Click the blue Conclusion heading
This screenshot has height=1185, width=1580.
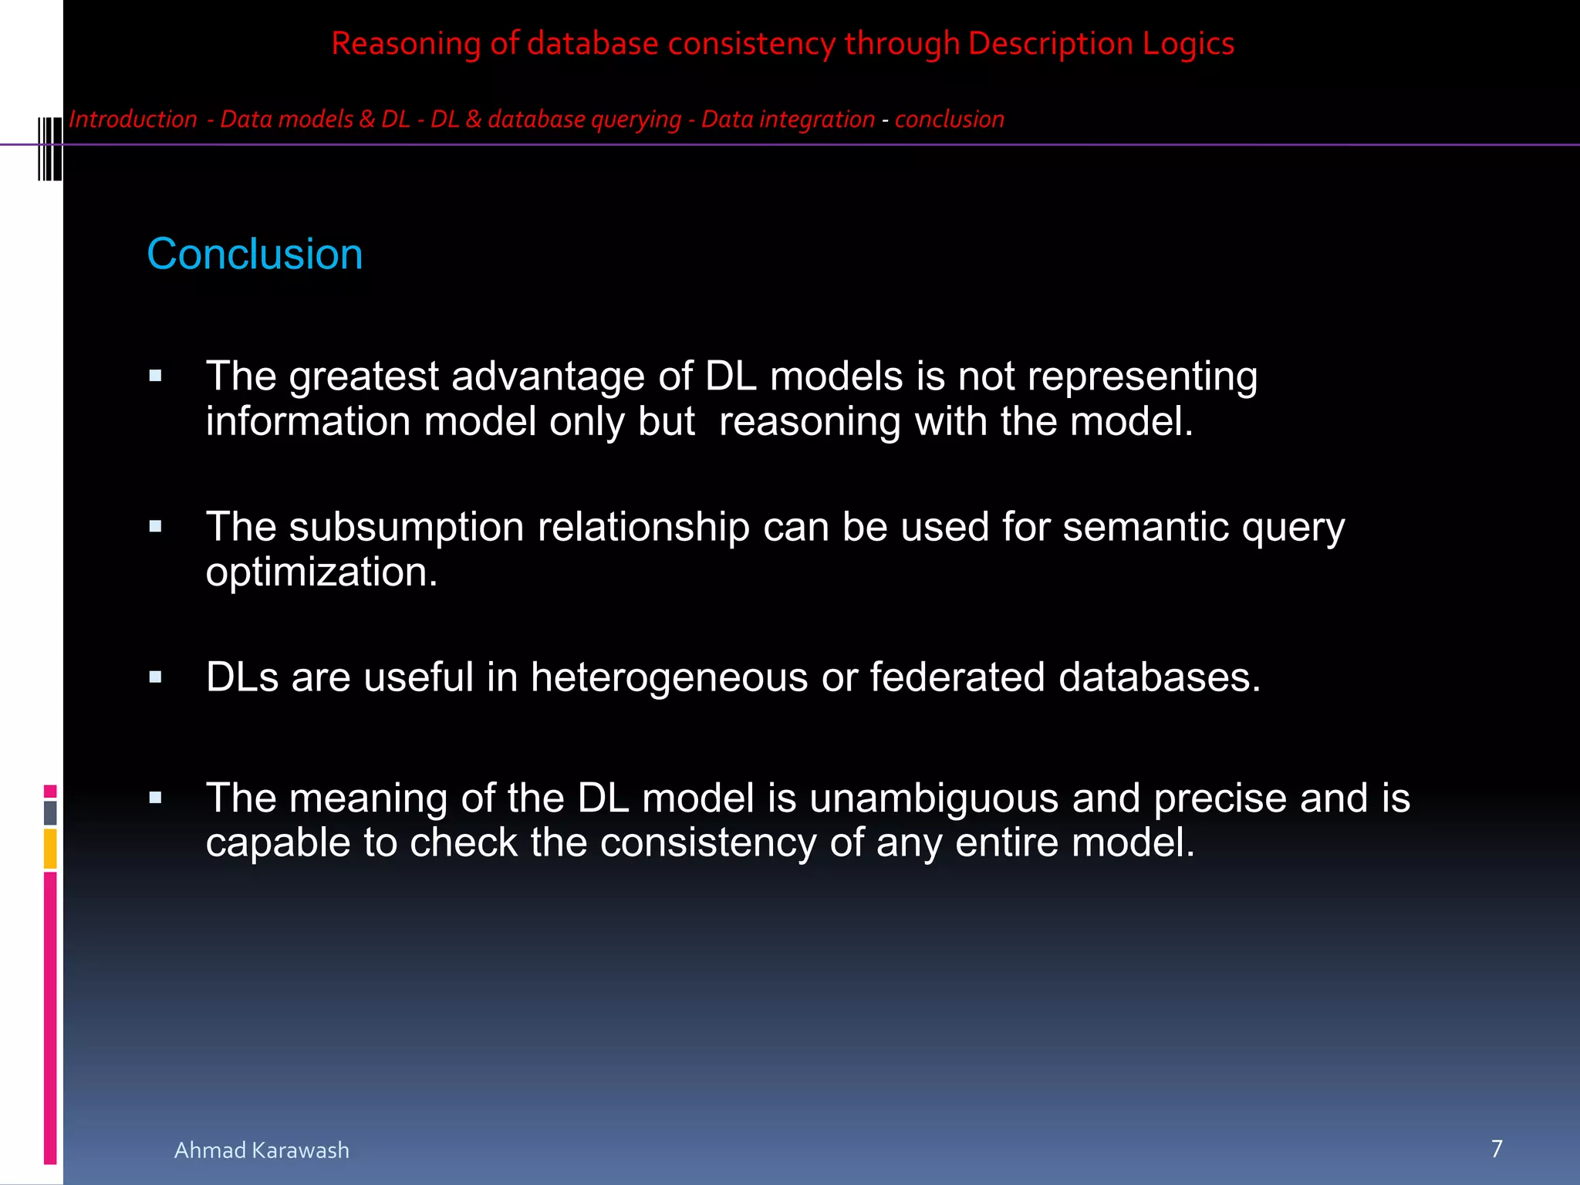pyautogui.click(x=255, y=254)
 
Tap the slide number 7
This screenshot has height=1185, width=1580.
pyautogui.click(x=1497, y=1149)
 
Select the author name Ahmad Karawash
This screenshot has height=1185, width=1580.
pyautogui.click(x=262, y=1150)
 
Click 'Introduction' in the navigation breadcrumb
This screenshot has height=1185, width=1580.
pyautogui.click(x=133, y=120)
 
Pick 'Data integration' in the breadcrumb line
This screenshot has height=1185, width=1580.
pyautogui.click(x=788, y=120)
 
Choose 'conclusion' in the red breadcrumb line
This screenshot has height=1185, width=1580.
pyautogui.click(x=950, y=120)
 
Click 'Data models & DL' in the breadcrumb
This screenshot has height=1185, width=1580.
pyautogui.click(x=315, y=120)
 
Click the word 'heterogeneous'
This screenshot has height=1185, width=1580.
pyautogui.click(x=670, y=677)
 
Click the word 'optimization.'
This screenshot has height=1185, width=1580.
pyautogui.click(x=322, y=572)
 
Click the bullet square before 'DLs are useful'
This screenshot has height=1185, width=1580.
pyautogui.click(x=156, y=677)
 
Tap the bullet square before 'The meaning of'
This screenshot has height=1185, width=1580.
pyautogui.click(x=156, y=798)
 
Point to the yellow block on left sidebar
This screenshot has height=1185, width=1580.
pyautogui.click(x=50, y=848)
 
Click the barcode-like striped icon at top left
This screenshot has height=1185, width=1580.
pyautogui.click(x=50, y=148)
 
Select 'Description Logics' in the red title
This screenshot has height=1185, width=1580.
pyautogui.click(x=1101, y=43)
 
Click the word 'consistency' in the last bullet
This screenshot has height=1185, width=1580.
pyautogui.click(x=708, y=842)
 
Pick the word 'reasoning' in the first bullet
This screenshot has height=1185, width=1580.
pyautogui.click(x=809, y=422)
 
